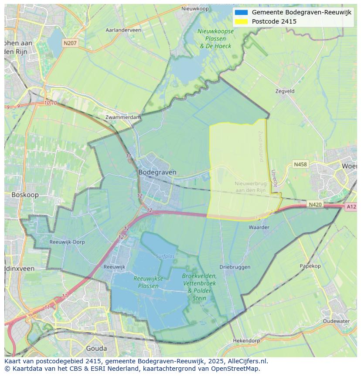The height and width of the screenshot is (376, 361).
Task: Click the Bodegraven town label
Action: pyautogui.click(x=157, y=172)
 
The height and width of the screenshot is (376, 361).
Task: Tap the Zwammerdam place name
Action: pyautogui.click(x=123, y=117)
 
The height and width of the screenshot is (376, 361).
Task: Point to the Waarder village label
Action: pyautogui.click(x=259, y=227)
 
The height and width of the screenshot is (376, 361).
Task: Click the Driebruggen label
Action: pyautogui.click(x=235, y=267)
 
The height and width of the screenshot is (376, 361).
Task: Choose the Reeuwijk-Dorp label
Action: pyautogui.click(x=67, y=242)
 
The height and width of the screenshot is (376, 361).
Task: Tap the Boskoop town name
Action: pyautogui.click(x=25, y=195)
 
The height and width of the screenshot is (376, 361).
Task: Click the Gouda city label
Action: pyautogui.click(x=96, y=348)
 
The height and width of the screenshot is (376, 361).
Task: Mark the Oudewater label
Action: pyautogui.click(x=336, y=321)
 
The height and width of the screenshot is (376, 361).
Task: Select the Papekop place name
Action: pyautogui.click(x=310, y=266)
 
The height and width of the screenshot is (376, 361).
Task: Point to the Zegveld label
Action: pyautogui.click(x=285, y=91)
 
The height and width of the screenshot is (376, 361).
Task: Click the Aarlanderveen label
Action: pyautogui.click(x=123, y=30)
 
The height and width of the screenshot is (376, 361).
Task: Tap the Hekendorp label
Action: pyautogui.click(x=246, y=340)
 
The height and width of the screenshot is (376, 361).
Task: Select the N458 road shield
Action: pyautogui.click(x=300, y=164)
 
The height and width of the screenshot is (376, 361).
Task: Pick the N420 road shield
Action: pyautogui.click(x=315, y=204)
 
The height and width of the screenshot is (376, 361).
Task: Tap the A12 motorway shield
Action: pyautogui.click(x=351, y=207)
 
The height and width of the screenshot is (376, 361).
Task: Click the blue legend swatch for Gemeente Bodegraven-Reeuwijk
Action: pyautogui.click(x=241, y=12)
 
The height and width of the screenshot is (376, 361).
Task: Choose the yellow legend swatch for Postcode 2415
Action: pyautogui.click(x=241, y=21)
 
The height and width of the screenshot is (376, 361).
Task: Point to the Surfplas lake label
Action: pyautogui.click(x=165, y=256)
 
